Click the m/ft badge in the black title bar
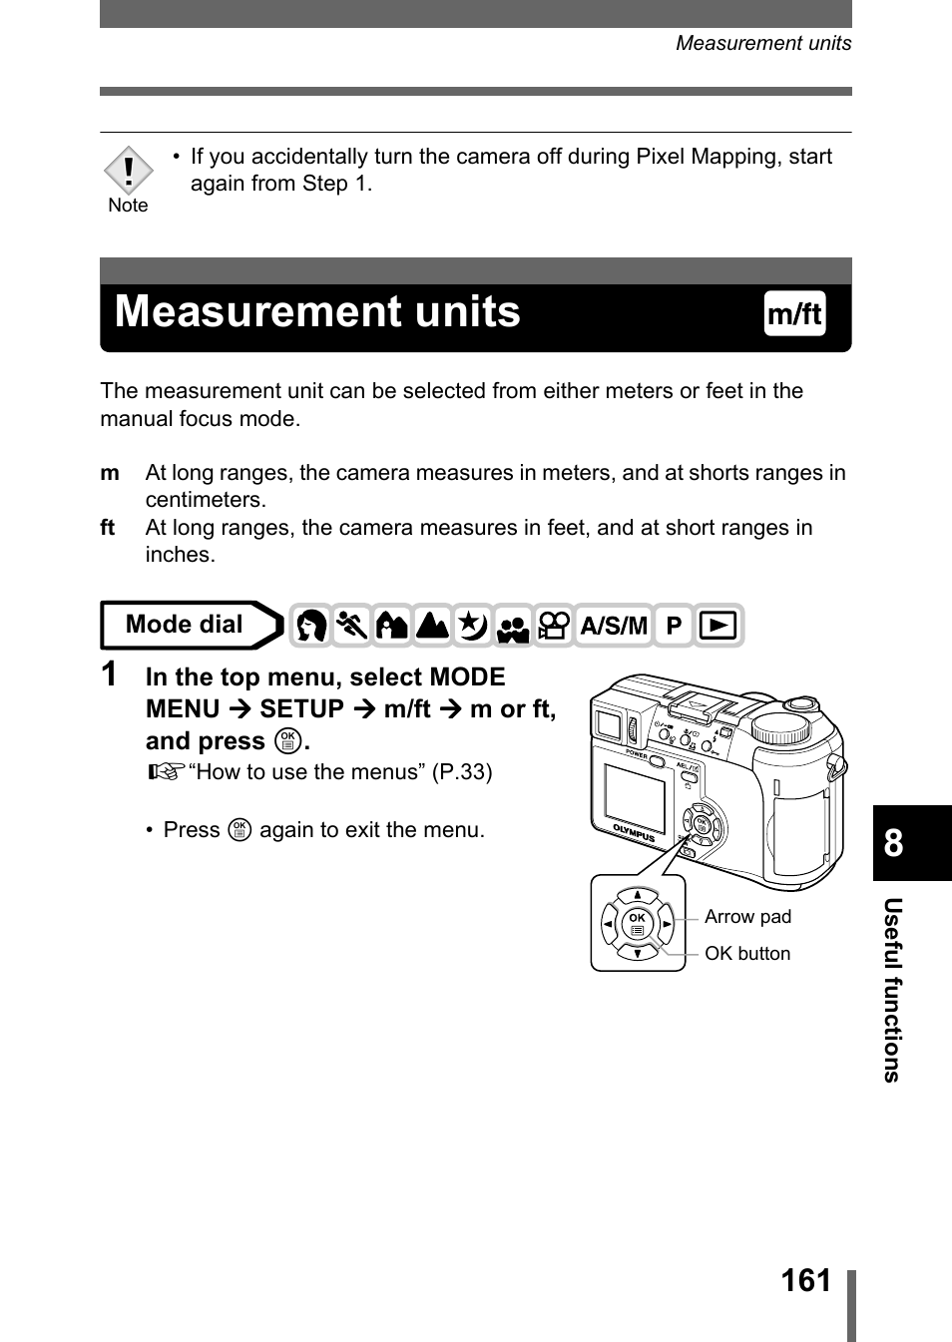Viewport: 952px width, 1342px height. [794, 314]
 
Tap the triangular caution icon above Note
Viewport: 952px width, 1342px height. [128, 171]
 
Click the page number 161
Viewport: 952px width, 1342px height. [806, 1280]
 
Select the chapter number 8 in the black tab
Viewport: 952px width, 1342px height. [894, 844]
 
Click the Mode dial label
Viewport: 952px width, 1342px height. [185, 625]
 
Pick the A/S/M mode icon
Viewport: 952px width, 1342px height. [614, 627]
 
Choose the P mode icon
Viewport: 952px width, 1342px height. [674, 627]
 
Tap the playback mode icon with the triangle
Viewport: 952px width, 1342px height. [718, 627]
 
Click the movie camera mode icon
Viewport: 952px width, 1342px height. [554, 627]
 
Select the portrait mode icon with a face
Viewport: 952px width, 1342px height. [311, 627]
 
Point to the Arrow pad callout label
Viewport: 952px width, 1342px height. [747, 917]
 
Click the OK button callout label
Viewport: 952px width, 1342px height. [747, 954]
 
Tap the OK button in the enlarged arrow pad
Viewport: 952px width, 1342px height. [637, 924]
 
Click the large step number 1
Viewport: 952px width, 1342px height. [110, 675]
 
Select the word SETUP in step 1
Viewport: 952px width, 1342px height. [301, 709]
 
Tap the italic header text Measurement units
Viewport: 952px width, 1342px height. [763, 43]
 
